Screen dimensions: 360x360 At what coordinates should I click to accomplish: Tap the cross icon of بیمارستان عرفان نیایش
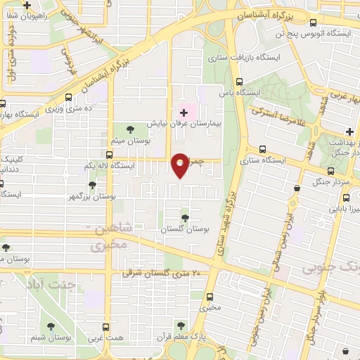[x=184, y=112]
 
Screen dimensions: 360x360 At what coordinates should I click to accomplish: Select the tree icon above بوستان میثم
[x=130, y=128]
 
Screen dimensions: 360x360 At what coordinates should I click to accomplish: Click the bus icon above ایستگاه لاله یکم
[x=109, y=155]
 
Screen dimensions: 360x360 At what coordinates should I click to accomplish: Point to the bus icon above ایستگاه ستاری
[x=263, y=150]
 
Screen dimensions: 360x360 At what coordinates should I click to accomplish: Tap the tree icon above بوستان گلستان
[x=185, y=219]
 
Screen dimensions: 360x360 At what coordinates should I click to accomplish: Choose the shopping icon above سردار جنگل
[x=298, y=188]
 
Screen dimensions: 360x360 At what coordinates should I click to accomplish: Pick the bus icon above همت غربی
[x=107, y=327]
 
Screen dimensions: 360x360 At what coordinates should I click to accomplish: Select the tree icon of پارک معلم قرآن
[x=181, y=325]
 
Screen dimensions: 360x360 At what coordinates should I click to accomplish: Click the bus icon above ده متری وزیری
[x=68, y=98]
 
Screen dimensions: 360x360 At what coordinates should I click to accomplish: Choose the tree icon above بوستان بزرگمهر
[x=92, y=186]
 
